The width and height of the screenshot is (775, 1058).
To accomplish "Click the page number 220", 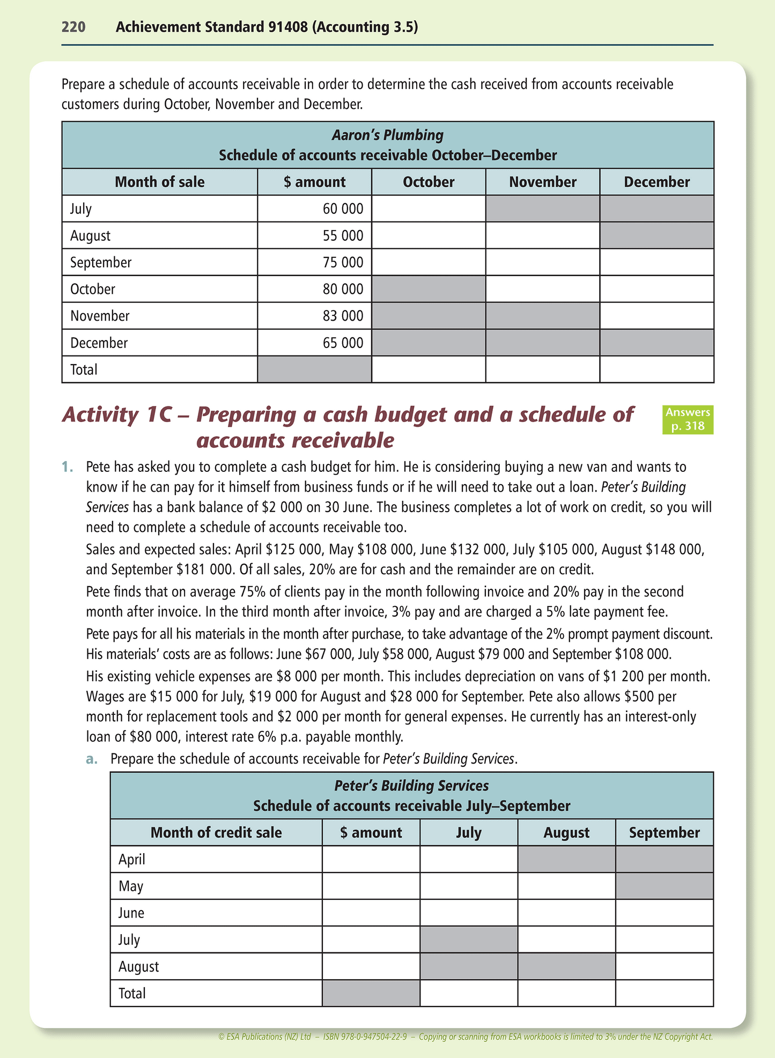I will pyautogui.click(x=73, y=27).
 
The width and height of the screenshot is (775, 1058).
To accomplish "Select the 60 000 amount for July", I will pyautogui.click(x=343, y=209).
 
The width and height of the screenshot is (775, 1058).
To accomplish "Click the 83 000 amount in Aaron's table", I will pyautogui.click(x=343, y=316).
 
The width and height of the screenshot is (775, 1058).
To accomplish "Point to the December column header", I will pyautogui.click(x=656, y=182).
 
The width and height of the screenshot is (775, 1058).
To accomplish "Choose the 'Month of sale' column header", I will pyautogui.click(x=159, y=182).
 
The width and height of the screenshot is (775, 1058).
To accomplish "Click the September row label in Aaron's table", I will pyautogui.click(x=101, y=262).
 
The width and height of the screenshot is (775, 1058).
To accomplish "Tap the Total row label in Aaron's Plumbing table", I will pyautogui.click(x=84, y=369).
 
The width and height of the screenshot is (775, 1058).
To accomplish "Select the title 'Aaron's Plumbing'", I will pyautogui.click(x=387, y=135).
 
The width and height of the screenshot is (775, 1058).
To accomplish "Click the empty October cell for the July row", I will pyautogui.click(x=429, y=209).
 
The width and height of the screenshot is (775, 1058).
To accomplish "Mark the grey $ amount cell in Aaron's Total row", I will pyautogui.click(x=314, y=369).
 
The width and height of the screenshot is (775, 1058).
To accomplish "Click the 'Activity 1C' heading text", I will pyautogui.click(x=123, y=415).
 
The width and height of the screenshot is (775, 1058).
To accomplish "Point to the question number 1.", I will pyautogui.click(x=67, y=467).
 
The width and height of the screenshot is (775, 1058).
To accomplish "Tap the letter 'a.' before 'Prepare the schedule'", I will pyautogui.click(x=92, y=759).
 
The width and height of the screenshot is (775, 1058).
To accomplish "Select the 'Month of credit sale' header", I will pyautogui.click(x=216, y=833).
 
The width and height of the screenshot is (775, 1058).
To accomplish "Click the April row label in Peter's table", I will pyautogui.click(x=132, y=860).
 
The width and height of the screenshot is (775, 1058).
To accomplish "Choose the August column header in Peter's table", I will pyautogui.click(x=566, y=833).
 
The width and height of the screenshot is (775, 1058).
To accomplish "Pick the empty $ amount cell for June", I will pyautogui.click(x=371, y=913).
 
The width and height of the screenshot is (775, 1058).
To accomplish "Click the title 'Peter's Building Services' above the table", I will pyautogui.click(x=411, y=786).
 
